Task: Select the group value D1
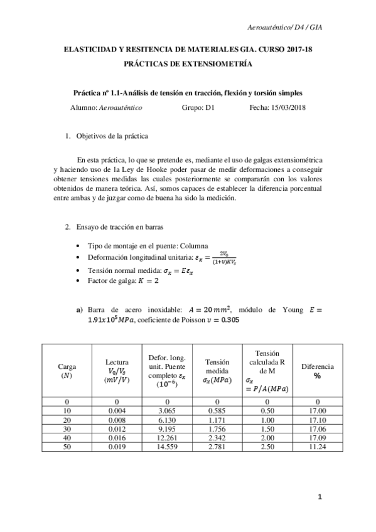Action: tap(210, 107)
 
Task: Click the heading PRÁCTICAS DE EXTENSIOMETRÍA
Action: tap(188, 64)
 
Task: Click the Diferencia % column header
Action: tap(317, 370)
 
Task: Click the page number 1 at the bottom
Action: tap(320, 497)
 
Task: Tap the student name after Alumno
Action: tap(121, 107)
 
